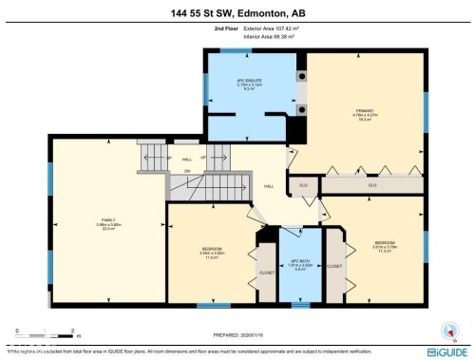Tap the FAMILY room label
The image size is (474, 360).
tap(110, 222)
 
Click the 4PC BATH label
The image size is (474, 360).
tap(300, 262)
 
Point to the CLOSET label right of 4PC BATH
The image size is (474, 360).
tap(334, 267)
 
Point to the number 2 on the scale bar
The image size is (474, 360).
tap(74, 331)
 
